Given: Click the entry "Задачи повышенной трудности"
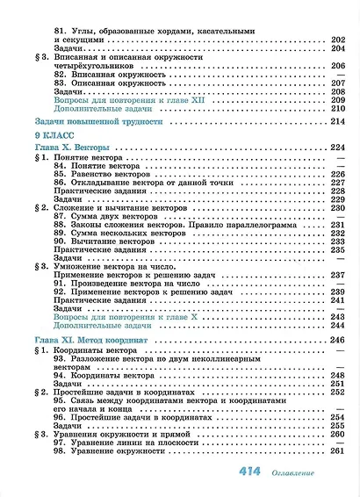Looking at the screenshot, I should click(x=97, y=121).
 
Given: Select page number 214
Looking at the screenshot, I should click(x=335, y=121).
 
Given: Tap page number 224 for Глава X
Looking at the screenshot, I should click(x=335, y=148).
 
